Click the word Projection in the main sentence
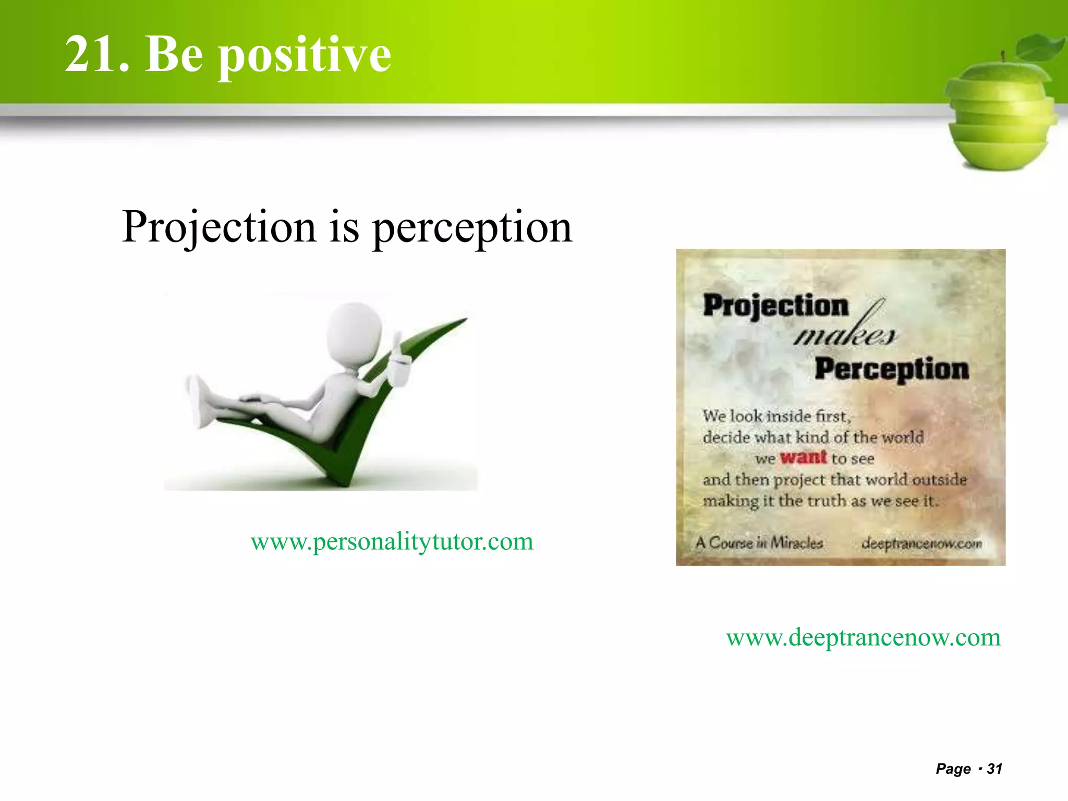click(219, 227)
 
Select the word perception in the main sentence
click(472, 227)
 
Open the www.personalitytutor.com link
click(392, 541)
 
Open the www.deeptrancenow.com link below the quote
click(863, 637)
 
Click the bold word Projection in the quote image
click(775, 306)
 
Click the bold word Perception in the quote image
click(892, 369)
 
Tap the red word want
click(803, 457)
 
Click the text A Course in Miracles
click(759, 543)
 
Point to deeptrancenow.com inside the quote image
click(921, 543)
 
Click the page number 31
click(994, 769)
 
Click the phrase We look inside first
click(776, 416)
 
